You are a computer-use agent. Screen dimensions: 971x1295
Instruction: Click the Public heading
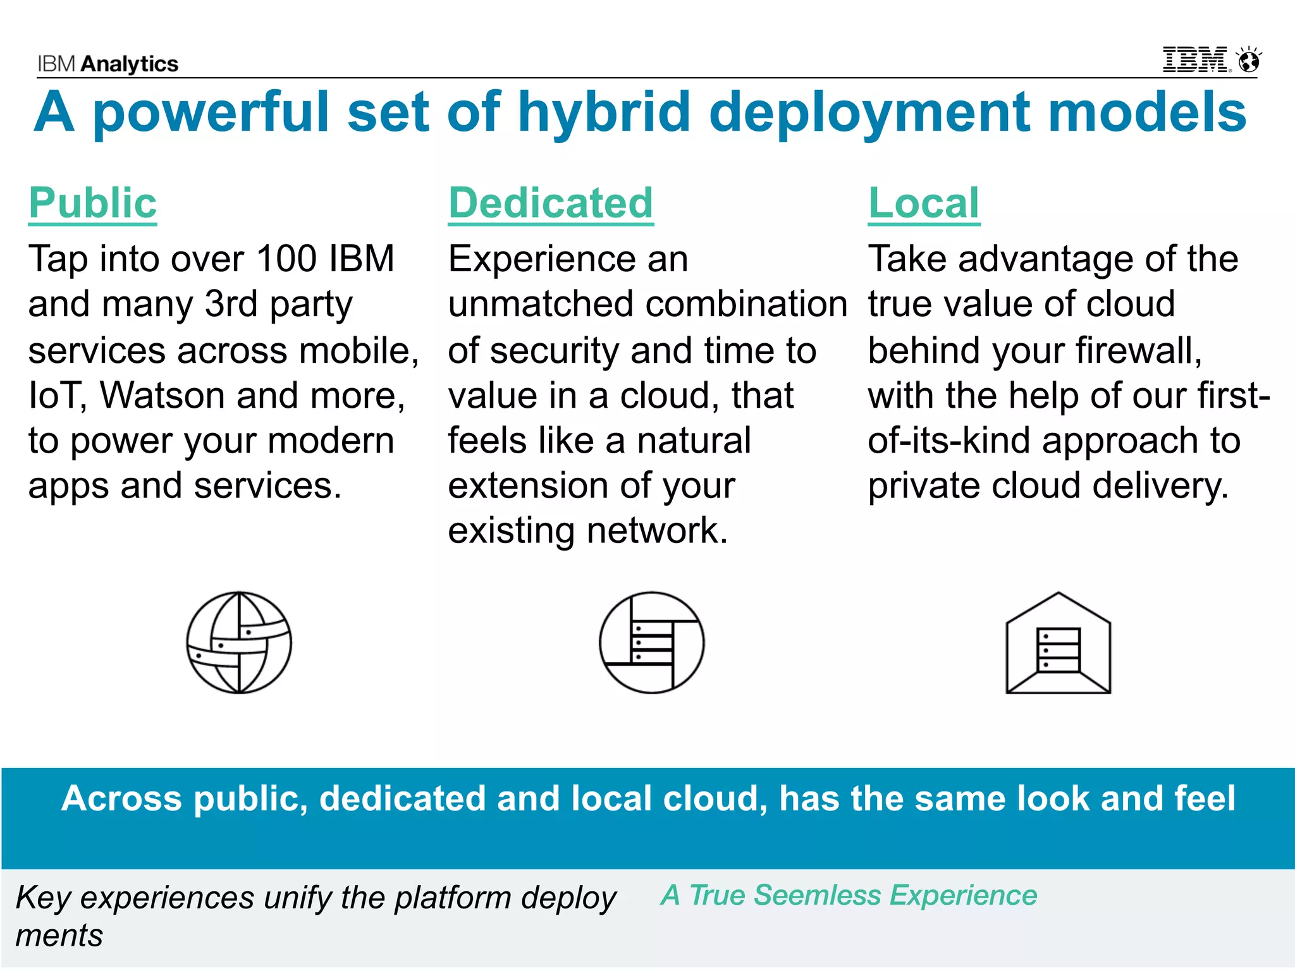tap(92, 204)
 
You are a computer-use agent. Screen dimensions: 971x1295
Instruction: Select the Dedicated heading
tap(551, 204)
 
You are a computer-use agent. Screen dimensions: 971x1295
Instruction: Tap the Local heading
tap(924, 204)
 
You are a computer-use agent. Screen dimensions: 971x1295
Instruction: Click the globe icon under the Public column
tap(239, 642)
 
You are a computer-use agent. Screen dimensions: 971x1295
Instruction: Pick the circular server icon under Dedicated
tap(651, 642)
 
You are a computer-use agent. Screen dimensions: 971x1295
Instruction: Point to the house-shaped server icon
tap(1058, 644)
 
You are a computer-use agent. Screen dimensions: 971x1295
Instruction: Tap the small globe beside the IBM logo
tap(1249, 61)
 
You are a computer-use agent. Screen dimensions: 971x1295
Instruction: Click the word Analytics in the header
tap(130, 64)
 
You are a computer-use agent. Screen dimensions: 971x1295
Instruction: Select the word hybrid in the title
tap(604, 113)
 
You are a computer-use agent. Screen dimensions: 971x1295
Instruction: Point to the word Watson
tap(163, 396)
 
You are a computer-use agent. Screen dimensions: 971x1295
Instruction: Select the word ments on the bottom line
tap(59, 936)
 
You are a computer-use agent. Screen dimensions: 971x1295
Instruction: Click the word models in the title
tap(1147, 113)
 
